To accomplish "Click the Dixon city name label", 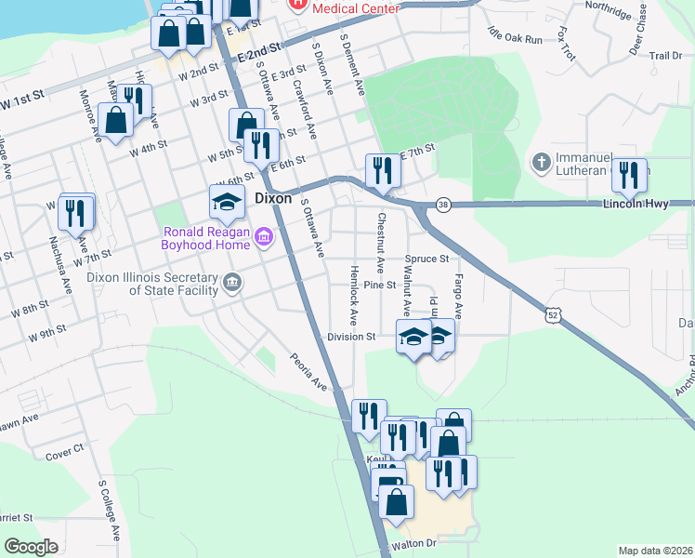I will pos(273,198).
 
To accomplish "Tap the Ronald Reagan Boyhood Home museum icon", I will pos(264,238).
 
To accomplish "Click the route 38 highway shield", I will pos(443,204).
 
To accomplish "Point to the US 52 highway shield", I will pos(553,316).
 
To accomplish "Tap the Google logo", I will pos(32,547).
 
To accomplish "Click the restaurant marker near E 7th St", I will pos(383,170).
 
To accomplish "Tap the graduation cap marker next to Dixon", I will pos(226,200).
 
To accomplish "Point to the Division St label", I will pos(350,337).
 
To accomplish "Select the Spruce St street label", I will pos(426,259).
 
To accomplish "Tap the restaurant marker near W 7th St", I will pos(75,213).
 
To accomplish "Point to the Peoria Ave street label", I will pos(308,370).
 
